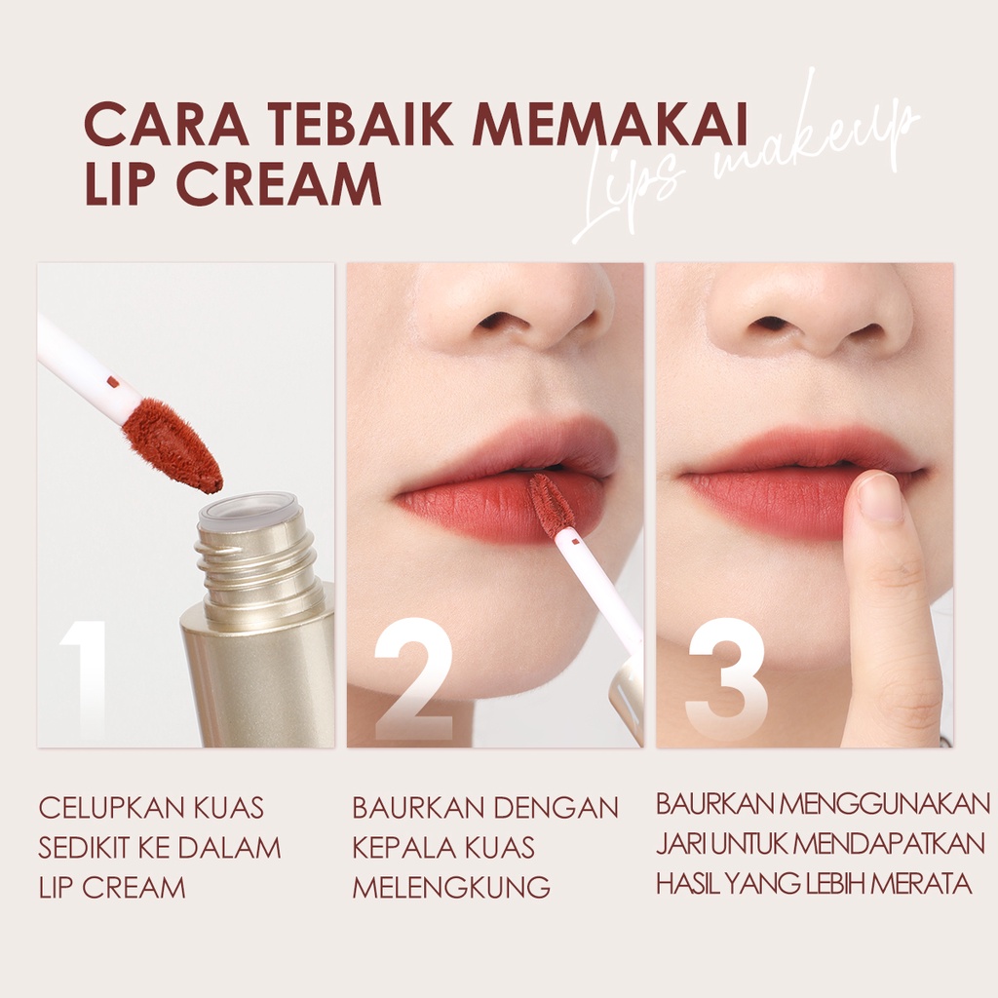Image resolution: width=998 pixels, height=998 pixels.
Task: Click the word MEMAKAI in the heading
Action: [610, 127]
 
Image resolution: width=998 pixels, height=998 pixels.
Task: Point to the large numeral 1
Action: [84, 680]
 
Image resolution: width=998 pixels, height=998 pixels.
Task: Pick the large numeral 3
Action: [726, 681]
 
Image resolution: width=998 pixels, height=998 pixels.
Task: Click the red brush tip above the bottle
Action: [172, 445]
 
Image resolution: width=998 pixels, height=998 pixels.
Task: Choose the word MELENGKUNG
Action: [451, 887]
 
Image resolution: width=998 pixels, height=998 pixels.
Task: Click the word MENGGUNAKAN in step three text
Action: [885, 804]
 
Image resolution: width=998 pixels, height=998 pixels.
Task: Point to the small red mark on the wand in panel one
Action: [114, 381]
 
